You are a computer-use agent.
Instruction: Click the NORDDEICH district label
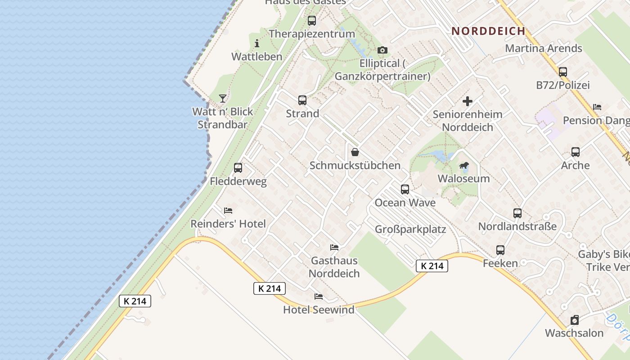tap(488, 31)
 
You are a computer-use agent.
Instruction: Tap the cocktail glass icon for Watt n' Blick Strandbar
tap(223, 98)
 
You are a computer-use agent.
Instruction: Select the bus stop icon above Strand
tap(302, 100)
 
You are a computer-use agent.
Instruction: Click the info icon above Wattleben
tap(257, 43)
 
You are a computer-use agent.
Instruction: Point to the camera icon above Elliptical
tap(382, 50)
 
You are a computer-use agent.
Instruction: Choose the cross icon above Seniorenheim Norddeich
tap(468, 101)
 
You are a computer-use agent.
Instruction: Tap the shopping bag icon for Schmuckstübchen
tap(355, 152)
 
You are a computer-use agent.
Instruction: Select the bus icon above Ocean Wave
tap(405, 189)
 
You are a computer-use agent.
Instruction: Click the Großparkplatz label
tap(410, 229)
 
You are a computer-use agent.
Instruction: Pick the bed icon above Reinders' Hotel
tap(228, 210)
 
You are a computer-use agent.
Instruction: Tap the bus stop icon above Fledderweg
tap(238, 168)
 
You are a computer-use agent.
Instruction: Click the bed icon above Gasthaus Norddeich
tap(334, 247)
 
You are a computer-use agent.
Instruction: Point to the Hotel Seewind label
tap(319, 310)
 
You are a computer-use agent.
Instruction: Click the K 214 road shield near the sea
tap(135, 301)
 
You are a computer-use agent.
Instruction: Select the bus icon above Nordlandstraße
tap(517, 213)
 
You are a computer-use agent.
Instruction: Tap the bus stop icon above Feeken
tap(500, 250)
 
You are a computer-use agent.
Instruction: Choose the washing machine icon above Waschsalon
tap(575, 320)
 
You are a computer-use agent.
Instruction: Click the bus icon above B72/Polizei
tap(563, 72)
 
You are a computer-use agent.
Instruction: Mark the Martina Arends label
tap(544, 48)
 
